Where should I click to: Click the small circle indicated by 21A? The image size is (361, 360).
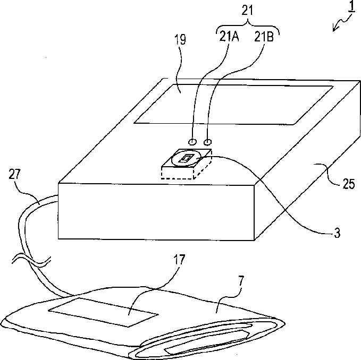(x=192, y=142)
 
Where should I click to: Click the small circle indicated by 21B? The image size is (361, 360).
(x=208, y=142)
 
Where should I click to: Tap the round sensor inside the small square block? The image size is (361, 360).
(x=186, y=158)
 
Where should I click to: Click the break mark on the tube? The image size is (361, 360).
(x=31, y=261)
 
